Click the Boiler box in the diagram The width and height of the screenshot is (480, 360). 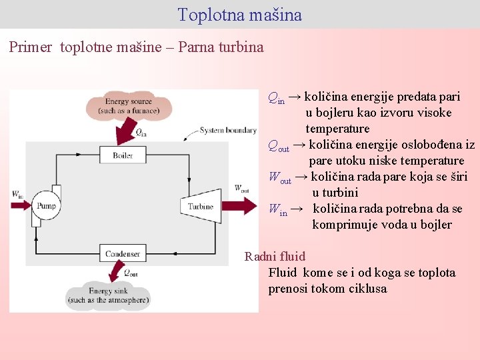coord(123,155)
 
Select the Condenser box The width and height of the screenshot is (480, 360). coord(123,253)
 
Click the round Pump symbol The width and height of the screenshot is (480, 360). coord(46,206)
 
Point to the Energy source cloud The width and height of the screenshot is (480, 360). coord(129,107)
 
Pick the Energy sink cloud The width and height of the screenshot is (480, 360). coord(108,295)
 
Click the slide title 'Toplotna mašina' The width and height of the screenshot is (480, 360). coord(240,15)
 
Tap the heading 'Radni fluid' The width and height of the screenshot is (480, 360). coord(275,257)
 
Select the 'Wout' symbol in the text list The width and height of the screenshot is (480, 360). coord(280,177)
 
